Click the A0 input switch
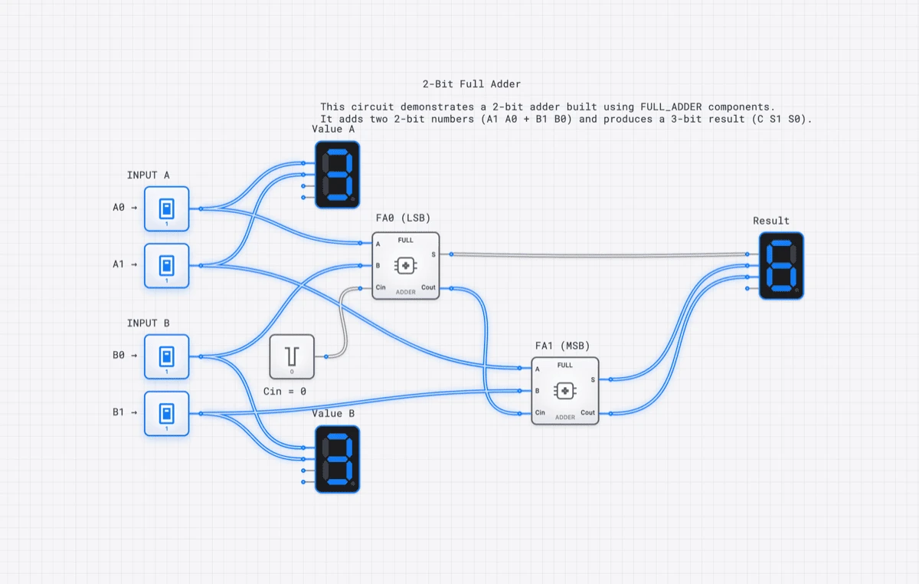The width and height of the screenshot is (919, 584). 166,208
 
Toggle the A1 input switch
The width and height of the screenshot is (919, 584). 166,265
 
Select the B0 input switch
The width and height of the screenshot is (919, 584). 166,356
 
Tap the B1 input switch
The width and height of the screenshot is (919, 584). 166,413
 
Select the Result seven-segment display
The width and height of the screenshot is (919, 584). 781,266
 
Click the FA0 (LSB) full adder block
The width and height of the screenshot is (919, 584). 406,265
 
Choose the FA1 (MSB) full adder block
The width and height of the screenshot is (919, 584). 565,391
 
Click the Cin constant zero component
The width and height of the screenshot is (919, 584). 292,356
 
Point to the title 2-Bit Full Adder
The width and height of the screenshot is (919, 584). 471,84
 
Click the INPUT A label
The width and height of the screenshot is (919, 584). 148,176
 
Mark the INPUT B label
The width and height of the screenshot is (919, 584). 148,323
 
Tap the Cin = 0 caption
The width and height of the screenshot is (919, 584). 284,391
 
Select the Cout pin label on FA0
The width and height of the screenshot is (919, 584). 428,288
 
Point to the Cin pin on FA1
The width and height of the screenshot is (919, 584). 534,413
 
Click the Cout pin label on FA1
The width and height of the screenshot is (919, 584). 587,413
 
